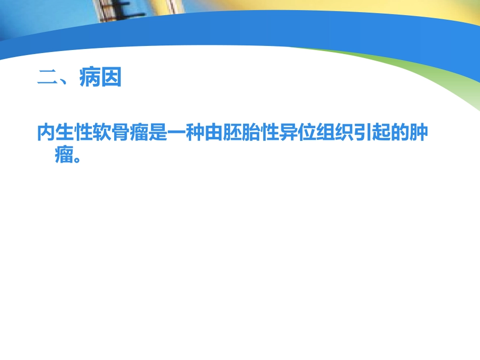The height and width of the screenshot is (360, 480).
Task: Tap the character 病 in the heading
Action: click(89, 78)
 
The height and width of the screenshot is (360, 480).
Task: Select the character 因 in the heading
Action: click(112, 78)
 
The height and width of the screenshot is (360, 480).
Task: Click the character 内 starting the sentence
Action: click(47, 133)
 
